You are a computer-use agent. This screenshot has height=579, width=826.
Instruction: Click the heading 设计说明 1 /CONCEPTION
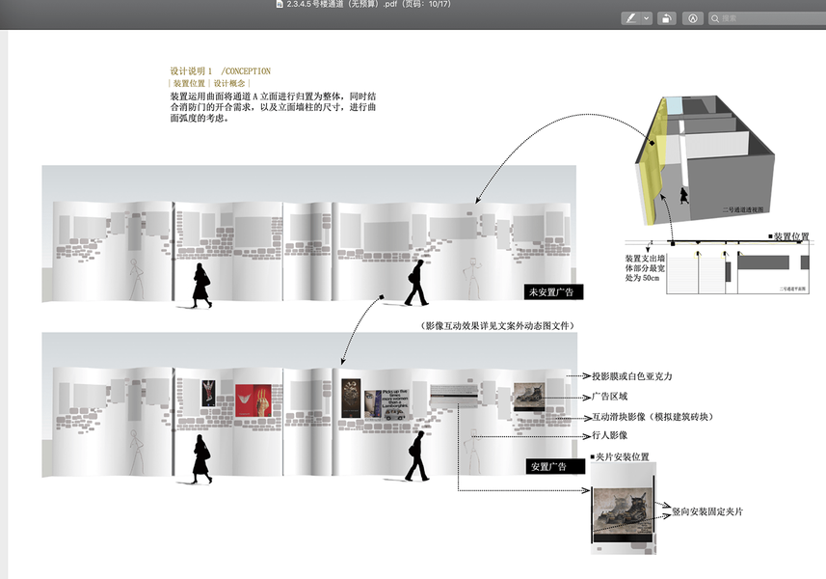pyautogui.click(x=220, y=71)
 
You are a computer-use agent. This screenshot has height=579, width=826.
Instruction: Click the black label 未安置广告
pyautogui.click(x=553, y=291)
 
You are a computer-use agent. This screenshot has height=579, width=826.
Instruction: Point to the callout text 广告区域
pyautogui.click(x=611, y=397)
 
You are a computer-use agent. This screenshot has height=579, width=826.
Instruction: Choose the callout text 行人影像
pyautogui.click(x=611, y=437)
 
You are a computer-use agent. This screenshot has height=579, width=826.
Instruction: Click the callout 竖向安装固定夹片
pyautogui.click(x=706, y=511)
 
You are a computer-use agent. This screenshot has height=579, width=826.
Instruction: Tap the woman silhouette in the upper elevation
pyautogui.click(x=201, y=285)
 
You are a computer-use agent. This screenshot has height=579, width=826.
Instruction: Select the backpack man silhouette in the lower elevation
pyautogui.click(x=416, y=455)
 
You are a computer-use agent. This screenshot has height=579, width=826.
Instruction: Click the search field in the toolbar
pyautogui.click(x=766, y=18)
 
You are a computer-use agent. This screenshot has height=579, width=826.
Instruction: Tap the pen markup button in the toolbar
pyautogui.click(x=631, y=18)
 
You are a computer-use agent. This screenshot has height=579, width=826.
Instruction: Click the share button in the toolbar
pyautogui.click(x=665, y=18)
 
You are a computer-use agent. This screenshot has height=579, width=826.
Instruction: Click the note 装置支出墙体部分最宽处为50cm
pyautogui.click(x=644, y=268)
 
